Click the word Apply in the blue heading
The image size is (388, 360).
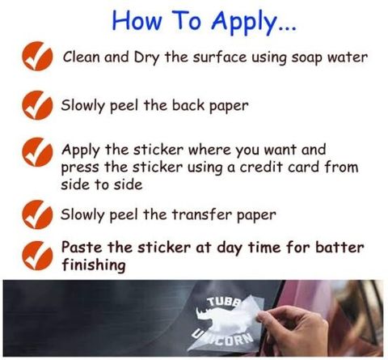click(244, 23)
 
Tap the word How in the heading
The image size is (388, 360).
click(137, 20)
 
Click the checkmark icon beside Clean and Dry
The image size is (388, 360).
click(37, 56)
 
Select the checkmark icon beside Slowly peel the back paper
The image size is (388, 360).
click(37, 105)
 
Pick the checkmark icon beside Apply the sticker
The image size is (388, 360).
click(37, 152)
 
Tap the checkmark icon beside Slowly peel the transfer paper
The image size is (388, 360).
click(37, 214)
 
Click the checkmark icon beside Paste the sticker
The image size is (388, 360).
click(37, 256)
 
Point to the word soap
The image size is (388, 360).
click(307, 58)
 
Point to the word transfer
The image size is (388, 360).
click(201, 214)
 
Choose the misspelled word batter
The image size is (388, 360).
click(339, 248)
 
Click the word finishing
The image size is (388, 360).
click(94, 265)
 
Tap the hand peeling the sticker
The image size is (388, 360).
click(293, 330)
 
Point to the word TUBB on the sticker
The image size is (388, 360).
click(224, 302)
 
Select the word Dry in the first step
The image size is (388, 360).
click(147, 57)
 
